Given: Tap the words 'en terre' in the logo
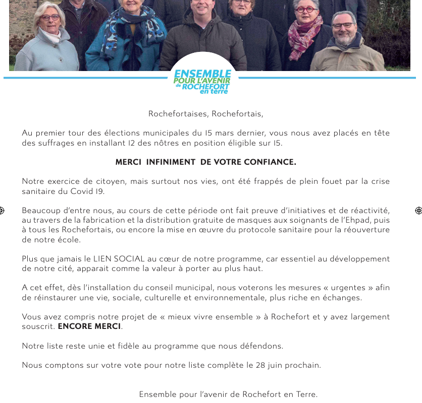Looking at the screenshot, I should click(214, 92).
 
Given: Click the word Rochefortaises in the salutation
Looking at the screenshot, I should click(178, 113).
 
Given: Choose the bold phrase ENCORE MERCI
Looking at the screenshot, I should click(89, 326).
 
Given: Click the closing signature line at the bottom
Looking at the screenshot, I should click(228, 394).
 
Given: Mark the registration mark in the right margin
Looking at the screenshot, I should click(418, 210).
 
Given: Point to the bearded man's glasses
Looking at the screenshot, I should click(343, 25).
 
